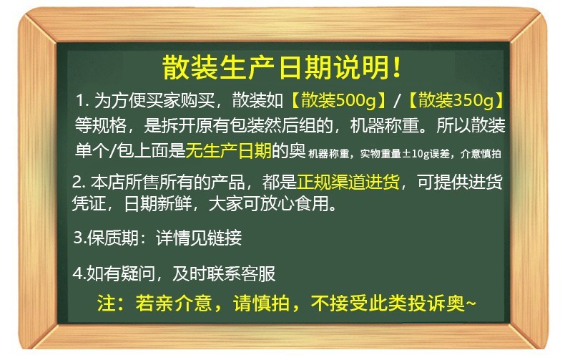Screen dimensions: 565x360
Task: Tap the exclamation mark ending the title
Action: pyautogui.click(x=397, y=67)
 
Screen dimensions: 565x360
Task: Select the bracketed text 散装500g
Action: pyautogui.click(x=339, y=100)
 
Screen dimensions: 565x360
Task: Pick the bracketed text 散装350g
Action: pyautogui.click(x=456, y=100)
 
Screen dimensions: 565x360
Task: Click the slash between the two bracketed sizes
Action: pyautogui.click(x=397, y=100)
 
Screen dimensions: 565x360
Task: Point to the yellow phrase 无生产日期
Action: pyautogui.click(x=228, y=150)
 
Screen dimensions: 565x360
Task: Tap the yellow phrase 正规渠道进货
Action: pyautogui.click(x=348, y=182)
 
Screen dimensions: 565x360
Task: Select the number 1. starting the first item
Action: pyautogui.click(x=82, y=100)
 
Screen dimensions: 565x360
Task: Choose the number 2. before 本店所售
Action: pyautogui.click(x=79, y=182)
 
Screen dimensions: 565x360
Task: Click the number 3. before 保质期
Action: pyautogui.click(x=79, y=238)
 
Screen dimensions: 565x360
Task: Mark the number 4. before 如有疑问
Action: pyautogui.click(x=79, y=273)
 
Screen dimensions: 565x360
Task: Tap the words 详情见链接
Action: pyautogui.click(x=199, y=238)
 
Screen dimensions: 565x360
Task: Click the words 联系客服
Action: pyautogui.click(x=241, y=274)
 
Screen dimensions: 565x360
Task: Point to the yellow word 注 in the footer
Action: pyautogui.click(x=106, y=303)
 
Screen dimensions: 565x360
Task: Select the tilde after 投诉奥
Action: pyautogui.click(x=471, y=303)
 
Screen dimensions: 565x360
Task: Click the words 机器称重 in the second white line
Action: pyautogui.click(x=385, y=126)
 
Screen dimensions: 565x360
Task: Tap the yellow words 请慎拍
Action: pyautogui.click(x=262, y=303)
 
